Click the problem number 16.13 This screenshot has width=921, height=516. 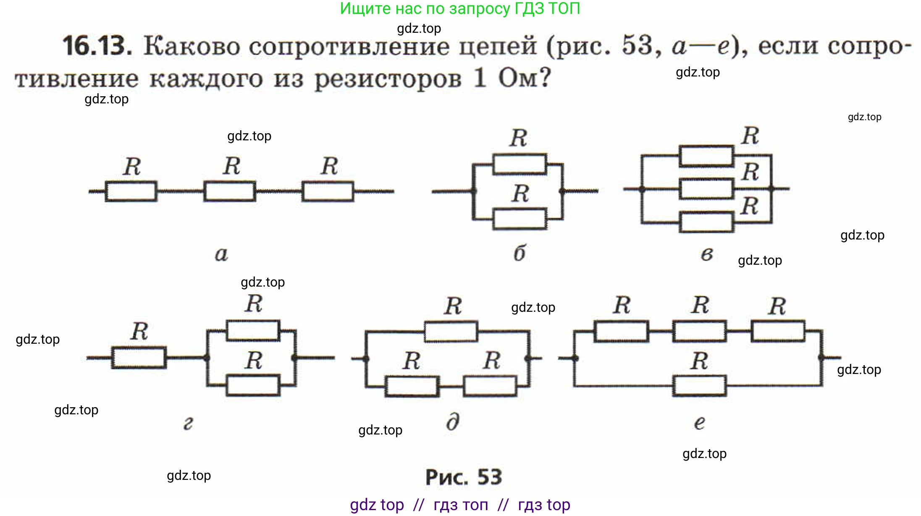(x=97, y=46)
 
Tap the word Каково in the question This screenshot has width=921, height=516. (x=191, y=46)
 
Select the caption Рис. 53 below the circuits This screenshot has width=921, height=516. (x=464, y=477)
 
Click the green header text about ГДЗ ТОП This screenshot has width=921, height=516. (x=460, y=9)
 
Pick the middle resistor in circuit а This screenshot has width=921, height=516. (x=229, y=192)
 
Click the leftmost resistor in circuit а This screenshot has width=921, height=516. (x=131, y=192)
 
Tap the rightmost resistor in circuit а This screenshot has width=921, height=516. (x=328, y=192)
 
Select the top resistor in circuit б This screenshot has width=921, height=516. (x=520, y=164)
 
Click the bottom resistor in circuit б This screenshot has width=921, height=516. (x=520, y=219)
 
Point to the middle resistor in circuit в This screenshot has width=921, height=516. (x=706, y=189)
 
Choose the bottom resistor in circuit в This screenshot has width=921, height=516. (x=706, y=222)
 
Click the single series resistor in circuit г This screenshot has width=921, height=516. (x=139, y=358)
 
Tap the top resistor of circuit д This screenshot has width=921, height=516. (x=451, y=332)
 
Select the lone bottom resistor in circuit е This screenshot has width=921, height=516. (x=699, y=386)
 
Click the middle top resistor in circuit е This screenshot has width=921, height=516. (x=699, y=331)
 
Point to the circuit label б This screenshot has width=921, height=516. (x=520, y=253)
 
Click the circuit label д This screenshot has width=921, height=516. (x=453, y=422)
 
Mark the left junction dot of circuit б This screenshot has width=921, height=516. (x=473, y=192)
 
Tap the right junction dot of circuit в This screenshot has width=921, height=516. (x=771, y=189)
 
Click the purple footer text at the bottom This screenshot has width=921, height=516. (x=460, y=505)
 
